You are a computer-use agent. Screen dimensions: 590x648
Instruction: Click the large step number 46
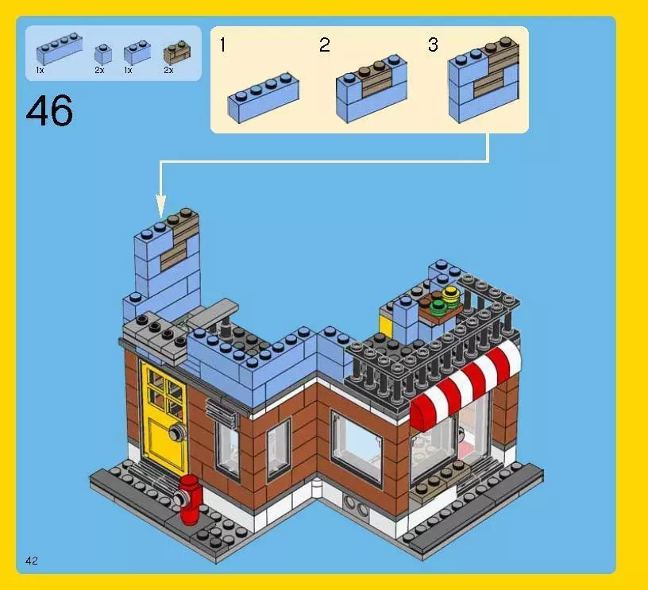point(49,110)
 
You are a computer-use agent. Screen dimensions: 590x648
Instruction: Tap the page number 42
point(32,561)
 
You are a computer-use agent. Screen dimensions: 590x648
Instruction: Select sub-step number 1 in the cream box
point(222,45)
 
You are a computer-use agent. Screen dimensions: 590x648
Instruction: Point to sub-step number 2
point(324,45)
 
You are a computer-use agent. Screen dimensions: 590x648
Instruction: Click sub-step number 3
point(433,45)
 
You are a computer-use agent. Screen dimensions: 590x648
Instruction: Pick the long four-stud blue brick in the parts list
point(58,52)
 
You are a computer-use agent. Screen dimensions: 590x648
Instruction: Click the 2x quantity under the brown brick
point(168,71)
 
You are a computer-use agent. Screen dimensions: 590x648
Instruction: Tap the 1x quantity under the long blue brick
point(40,71)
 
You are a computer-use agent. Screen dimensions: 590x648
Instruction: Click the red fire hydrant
point(188,499)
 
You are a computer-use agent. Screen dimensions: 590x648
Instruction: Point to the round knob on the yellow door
point(175,432)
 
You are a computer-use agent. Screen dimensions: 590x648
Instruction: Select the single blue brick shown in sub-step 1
point(263,98)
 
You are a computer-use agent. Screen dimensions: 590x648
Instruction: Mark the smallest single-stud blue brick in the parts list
point(102,54)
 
